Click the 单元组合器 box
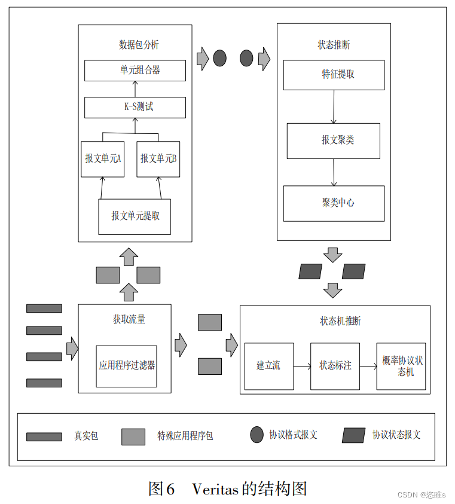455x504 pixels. pyautogui.click(x=135, y=70)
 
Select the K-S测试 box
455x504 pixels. pyautogui.click(x=135, y=107)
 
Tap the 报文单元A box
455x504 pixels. pyautogui.click(x=102, y=158)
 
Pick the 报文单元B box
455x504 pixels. pyautogui.click(x=158, y=158)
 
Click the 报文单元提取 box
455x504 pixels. pyautogui.click(x=135, y=216)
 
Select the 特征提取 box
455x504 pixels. pyautogui.click(x=334, y=75)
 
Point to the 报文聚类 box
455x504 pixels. pyautogui.click(x=333, y=140)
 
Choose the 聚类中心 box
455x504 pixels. pyautogui.click(x=334, y=203)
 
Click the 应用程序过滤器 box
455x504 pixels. pyautogui.click(x=126, y=365)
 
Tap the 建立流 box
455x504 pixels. pyautogui.click(x=268, y=366)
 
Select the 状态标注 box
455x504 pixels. pyautogui.click(x=335, y=366)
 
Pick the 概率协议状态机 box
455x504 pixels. pyautogui.click(x=401, y=366)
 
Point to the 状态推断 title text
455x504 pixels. pyautogui.click(x=334, y=45)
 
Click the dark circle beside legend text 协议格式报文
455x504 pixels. pyautogui.click(x=256, y=435)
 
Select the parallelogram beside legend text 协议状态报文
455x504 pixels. pyautogui.click(x=353, y=435)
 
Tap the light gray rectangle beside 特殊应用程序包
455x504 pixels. pyautogui.click(x=133, y=436)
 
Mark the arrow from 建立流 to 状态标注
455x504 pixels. pyautogui.click(x=302, y=366)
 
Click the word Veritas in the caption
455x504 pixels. pyautogui.click(x=215, y=488)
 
